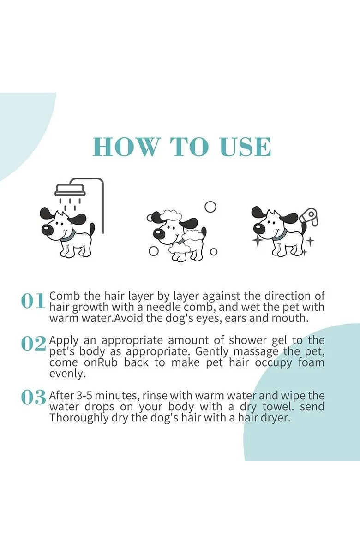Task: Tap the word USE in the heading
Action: click(245, 147)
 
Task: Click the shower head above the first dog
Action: click(70, 189)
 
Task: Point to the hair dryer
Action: click(310, 217)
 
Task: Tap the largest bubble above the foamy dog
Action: click(210, 207)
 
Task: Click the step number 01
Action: click(33, 301)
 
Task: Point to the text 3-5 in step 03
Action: click(79, 396)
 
